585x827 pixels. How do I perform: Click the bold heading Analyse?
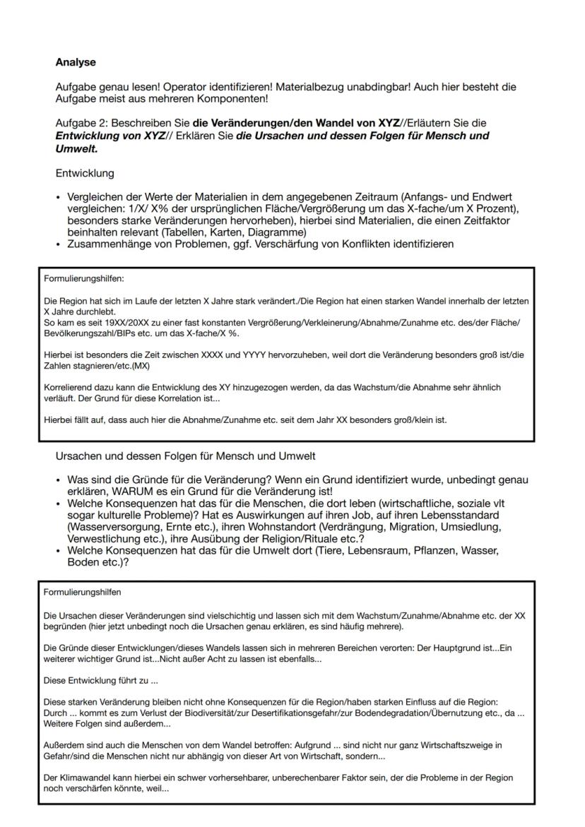(76, 62)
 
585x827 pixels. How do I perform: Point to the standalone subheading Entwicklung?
(85, 173)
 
